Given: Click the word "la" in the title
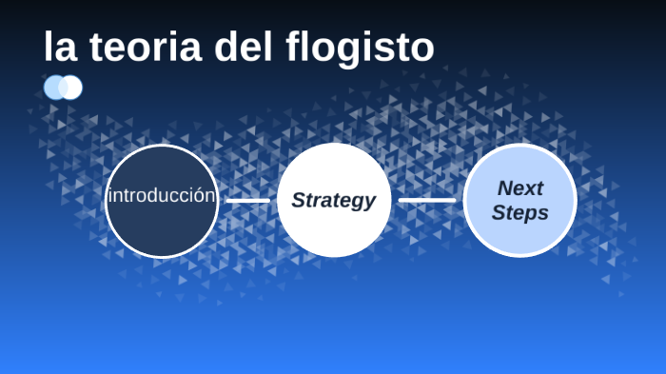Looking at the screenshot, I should pyautogui.click(x=59, y=47).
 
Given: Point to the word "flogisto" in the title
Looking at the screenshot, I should pyautogui.click(x=361, y=47).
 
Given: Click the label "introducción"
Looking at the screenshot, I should pyautogui.click(x=162, y=196).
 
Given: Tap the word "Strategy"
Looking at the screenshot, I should pyautogui.click(x=334, y=200).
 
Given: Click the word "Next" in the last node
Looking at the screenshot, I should pyautogui.click(x=520, y=188).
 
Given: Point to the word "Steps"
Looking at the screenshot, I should pyautogui.click(x=520, y=212).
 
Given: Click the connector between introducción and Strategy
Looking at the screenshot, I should pyautogui.click(x=247, y=201).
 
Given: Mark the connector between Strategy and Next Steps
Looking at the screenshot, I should pyautogui.click(x=427, y=200).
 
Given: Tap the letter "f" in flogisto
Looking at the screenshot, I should pyautogui.click(x=296, y=47).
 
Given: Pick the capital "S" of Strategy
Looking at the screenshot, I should pyautogui.click(x=299, y=200).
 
